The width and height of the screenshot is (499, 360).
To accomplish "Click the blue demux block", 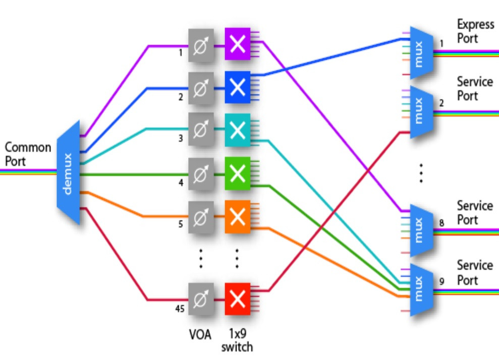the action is pos(68,172).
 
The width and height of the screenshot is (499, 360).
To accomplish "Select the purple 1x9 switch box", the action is pos(238,44).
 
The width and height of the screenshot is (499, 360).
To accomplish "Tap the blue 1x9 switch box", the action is pos(238,87).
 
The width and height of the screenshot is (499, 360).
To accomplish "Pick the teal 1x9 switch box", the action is pos(238,130).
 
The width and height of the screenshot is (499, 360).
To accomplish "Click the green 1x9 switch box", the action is pos(238,173).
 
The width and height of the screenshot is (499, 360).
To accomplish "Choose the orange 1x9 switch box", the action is pos(238,217).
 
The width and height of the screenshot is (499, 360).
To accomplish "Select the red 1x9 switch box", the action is pos(238,299).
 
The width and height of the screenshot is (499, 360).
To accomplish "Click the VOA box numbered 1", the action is pos(201,45).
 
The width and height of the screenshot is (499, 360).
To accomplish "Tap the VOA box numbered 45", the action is pos(201,299).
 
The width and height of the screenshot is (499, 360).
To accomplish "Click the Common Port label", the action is pos(28,154).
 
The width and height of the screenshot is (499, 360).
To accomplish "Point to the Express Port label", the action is pos(475,31).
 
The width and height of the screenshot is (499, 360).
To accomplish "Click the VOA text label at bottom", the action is pos(200,335).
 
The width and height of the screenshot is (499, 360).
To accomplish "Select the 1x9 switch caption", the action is pos(237,340).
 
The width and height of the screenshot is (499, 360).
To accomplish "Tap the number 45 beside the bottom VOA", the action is pos(180,309).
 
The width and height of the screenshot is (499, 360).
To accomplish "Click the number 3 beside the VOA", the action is pos(181,138).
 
